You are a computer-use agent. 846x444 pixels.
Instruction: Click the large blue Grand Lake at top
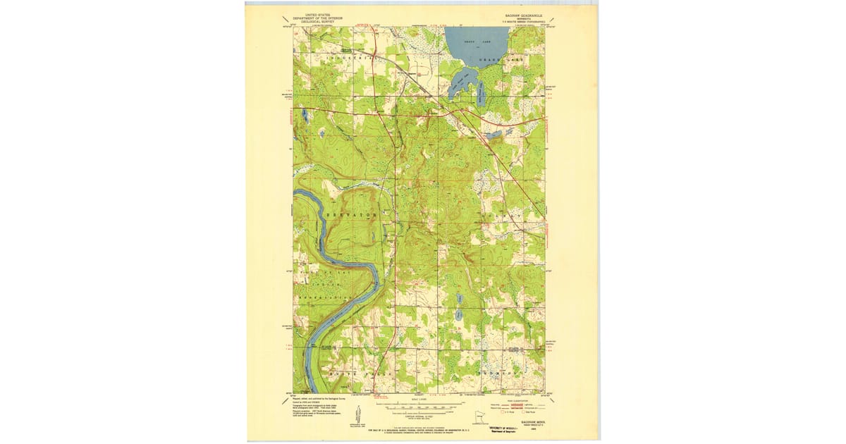click(x=476, y=42)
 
